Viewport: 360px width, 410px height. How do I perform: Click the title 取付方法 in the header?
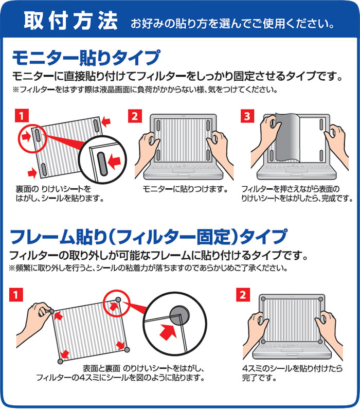tap(70, 21)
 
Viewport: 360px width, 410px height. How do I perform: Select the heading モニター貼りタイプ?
tap(86, 57)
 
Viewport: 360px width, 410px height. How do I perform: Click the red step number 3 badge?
tap(247, 116)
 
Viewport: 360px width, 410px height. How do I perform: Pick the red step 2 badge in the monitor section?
tap(135, 116)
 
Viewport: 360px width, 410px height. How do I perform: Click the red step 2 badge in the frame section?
tap(243, 295)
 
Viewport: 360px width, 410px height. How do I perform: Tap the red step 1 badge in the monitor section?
tap(22, 116)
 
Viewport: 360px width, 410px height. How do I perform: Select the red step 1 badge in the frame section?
tap(16, 295)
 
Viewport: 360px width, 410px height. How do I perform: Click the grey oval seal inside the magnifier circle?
tap(102, 164)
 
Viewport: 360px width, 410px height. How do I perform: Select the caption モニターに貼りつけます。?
tap(185, 189)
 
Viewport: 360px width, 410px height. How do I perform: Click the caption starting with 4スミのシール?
tap(292, 373)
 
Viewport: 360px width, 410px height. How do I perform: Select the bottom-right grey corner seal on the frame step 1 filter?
tap(127, 349)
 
